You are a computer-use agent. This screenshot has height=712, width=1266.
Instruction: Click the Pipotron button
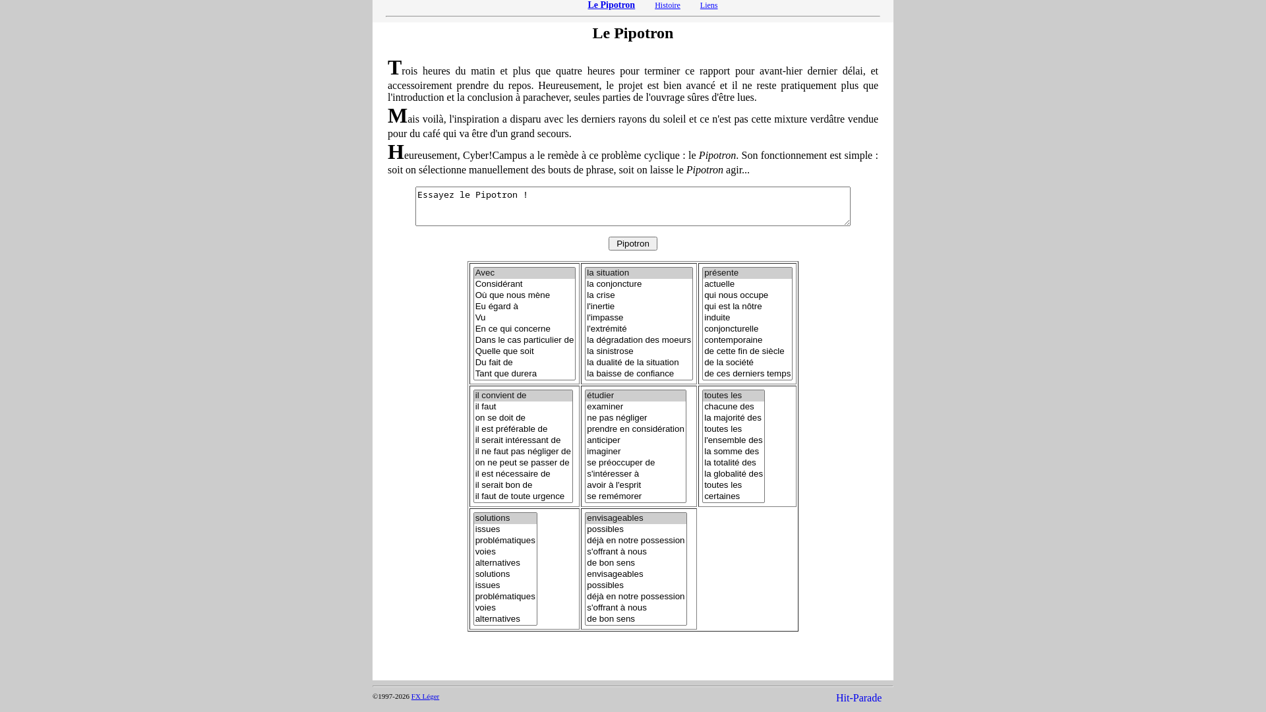point(632,244)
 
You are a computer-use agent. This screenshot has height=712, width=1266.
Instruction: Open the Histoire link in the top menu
point(667,5)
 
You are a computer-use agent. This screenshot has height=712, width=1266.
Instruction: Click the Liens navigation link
point(708,5)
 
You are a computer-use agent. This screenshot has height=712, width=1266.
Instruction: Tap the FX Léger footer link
point(425,696)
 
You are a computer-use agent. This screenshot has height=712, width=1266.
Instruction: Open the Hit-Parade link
point(858,698)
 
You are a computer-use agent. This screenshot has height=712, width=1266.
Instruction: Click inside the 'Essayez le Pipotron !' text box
point(632,206)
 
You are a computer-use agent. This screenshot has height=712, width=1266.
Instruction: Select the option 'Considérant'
point(498,284)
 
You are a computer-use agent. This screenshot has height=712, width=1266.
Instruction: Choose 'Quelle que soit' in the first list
point(504,351)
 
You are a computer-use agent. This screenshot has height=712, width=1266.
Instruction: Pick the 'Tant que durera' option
point(506,374)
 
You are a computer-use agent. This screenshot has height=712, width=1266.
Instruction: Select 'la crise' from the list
point(601,295)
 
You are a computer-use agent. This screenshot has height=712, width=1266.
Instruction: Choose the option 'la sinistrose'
point(610,351)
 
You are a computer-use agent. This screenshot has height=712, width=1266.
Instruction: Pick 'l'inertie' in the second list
point(601,307)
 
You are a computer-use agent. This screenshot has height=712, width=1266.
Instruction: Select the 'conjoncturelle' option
point(731,329)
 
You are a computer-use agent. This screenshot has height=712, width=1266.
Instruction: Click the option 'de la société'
point(729,363)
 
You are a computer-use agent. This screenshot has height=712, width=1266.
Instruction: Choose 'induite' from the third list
point(717,318)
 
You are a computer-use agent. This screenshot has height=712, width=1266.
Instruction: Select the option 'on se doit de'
point(500,418)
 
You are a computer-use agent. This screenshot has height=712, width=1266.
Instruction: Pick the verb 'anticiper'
point(603,440)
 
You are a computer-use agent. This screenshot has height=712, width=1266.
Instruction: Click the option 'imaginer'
point(603,452)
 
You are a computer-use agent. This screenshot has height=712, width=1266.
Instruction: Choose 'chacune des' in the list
point(729,407)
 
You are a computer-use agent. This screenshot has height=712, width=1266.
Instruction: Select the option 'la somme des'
point(731,452)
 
